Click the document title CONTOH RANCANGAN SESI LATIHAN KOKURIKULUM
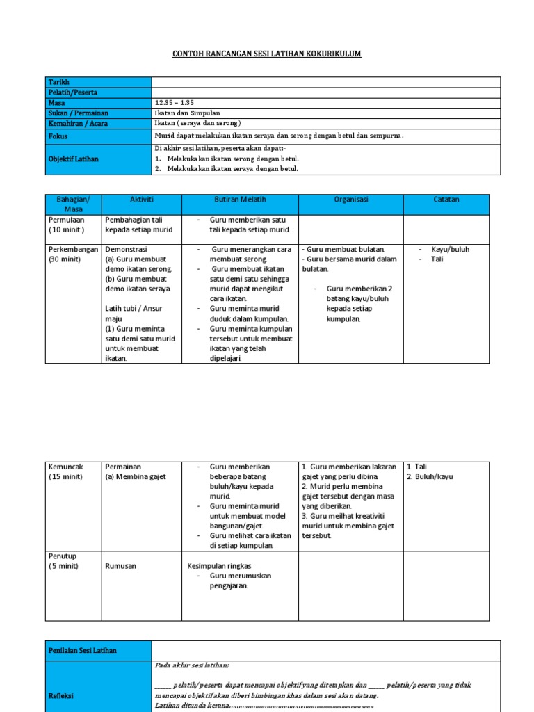pyautogui.click(x=267, y=54)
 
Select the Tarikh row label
pyautogui.click(x=59, y=82)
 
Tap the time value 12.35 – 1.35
pyautogui.click(x=175, y=103)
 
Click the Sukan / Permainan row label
pyautogui.click(x=78, y=113)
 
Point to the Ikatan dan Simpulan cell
pyautogui.click(x=188, y=113)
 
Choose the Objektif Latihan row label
pyautogui.click(x=73, y=159)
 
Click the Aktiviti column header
pyautogui.click(x=141, y=200)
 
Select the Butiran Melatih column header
pyautogui.click(x=240, y=200)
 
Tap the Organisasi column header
pyautogui.click(x=351, y=200)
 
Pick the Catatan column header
pyautogui.click(x=446, y=200)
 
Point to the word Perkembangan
pyautogui.click(x=74, y=249)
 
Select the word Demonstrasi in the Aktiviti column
pyautogui.click(x=127, y=249)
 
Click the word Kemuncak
pyautogui.click(x=65, y=467)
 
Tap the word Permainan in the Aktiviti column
pyautogui.click(x=123, y=467)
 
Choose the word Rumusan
pyautogui.click(x=121, y=566)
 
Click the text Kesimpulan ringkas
pyautogui.click(x=220, y=566)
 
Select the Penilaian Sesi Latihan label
pyautogui.click(x=82, y=651)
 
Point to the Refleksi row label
pyautogui.click(x=61, y=695)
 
